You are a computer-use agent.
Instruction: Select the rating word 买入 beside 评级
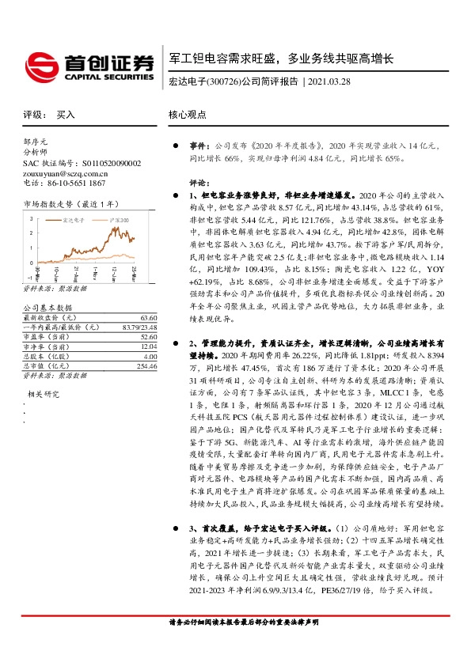pyautogui.click(x=66, y=115)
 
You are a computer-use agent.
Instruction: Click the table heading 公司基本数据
pyautogui.click(x=47, y=307)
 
